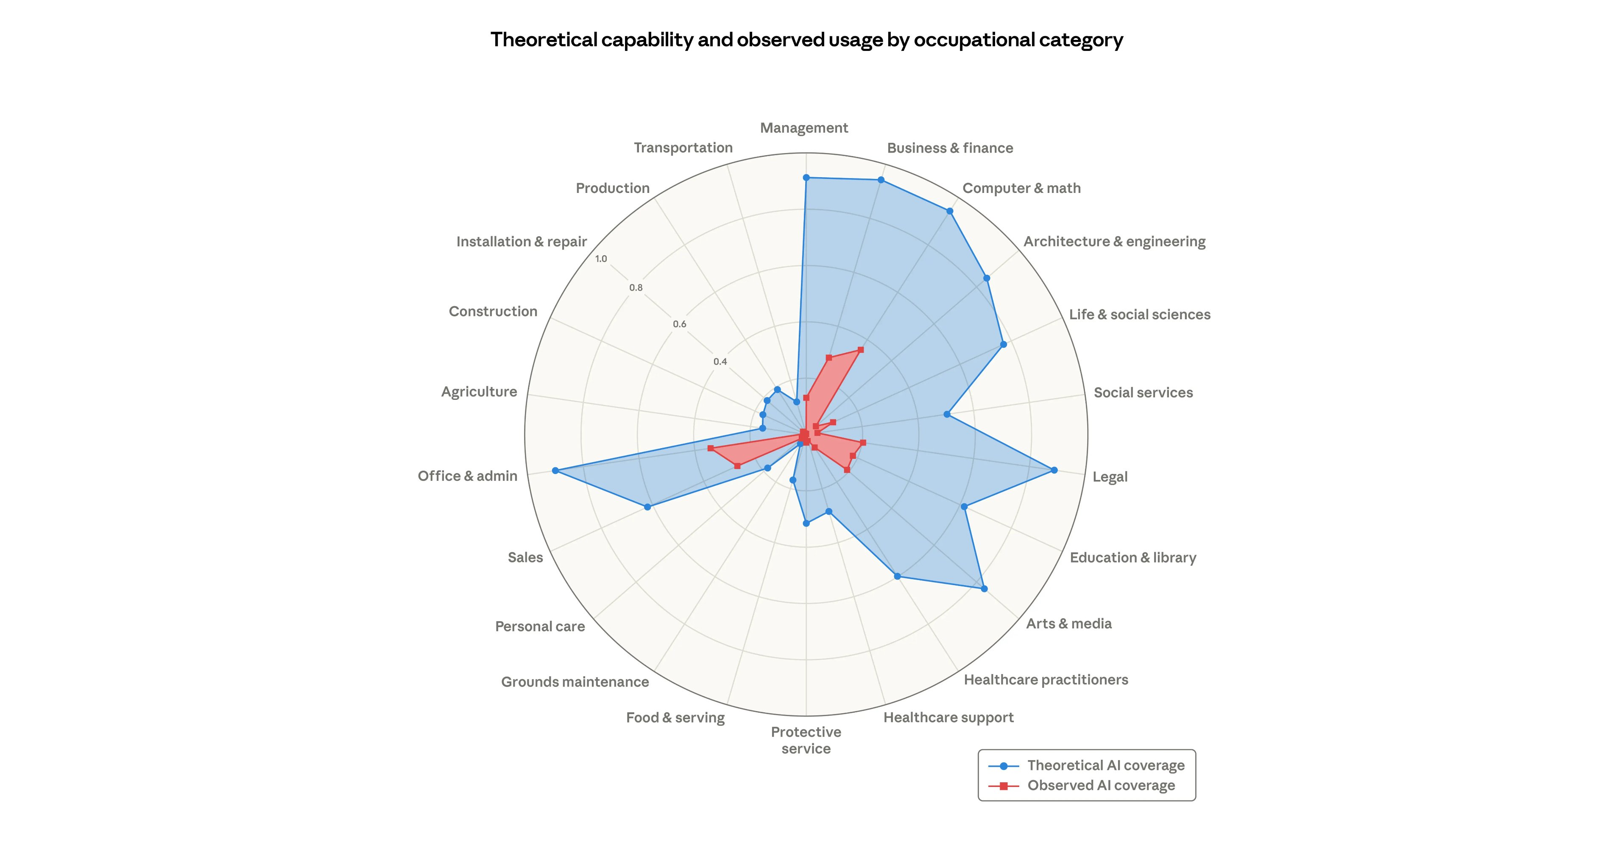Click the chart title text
806,39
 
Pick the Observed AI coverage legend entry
1100,785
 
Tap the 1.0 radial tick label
601,259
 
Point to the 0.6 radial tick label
680,324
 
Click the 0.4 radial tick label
720,362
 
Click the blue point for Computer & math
950,211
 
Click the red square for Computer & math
860,350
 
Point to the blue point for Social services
947,414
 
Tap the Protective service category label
806,740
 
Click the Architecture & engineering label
1114,241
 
